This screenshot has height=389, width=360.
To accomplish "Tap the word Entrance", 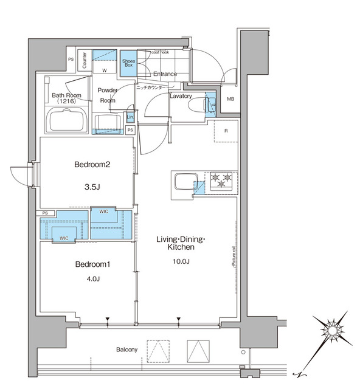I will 165,74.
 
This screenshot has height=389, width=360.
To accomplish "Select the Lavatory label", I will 181,96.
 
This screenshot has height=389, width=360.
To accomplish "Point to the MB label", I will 230,100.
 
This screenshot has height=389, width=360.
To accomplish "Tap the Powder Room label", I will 108,95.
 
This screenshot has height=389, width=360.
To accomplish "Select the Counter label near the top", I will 85,60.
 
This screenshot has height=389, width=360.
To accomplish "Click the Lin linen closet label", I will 130,117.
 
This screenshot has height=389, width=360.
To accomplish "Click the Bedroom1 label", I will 92,265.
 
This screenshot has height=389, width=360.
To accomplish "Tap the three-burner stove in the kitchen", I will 220,180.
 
